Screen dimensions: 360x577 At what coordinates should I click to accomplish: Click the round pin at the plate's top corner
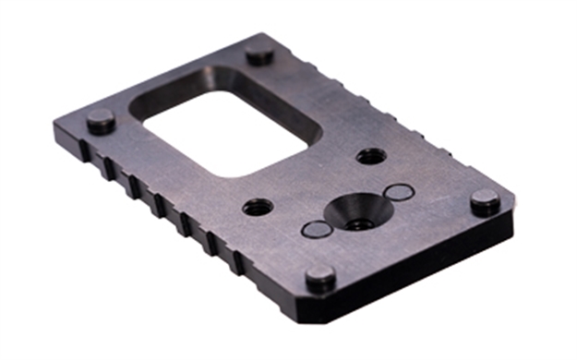259,54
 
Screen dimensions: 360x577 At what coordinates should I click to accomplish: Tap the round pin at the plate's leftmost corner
100,121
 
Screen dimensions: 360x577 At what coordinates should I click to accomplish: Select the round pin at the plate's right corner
484,201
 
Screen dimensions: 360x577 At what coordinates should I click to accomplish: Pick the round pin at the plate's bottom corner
320,277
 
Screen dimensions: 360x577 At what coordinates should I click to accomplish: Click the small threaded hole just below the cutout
258,207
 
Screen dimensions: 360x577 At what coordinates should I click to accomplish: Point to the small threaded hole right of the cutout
370,155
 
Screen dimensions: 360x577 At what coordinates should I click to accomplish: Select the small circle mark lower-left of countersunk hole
315,229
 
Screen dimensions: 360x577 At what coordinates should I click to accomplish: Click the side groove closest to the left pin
109,167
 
